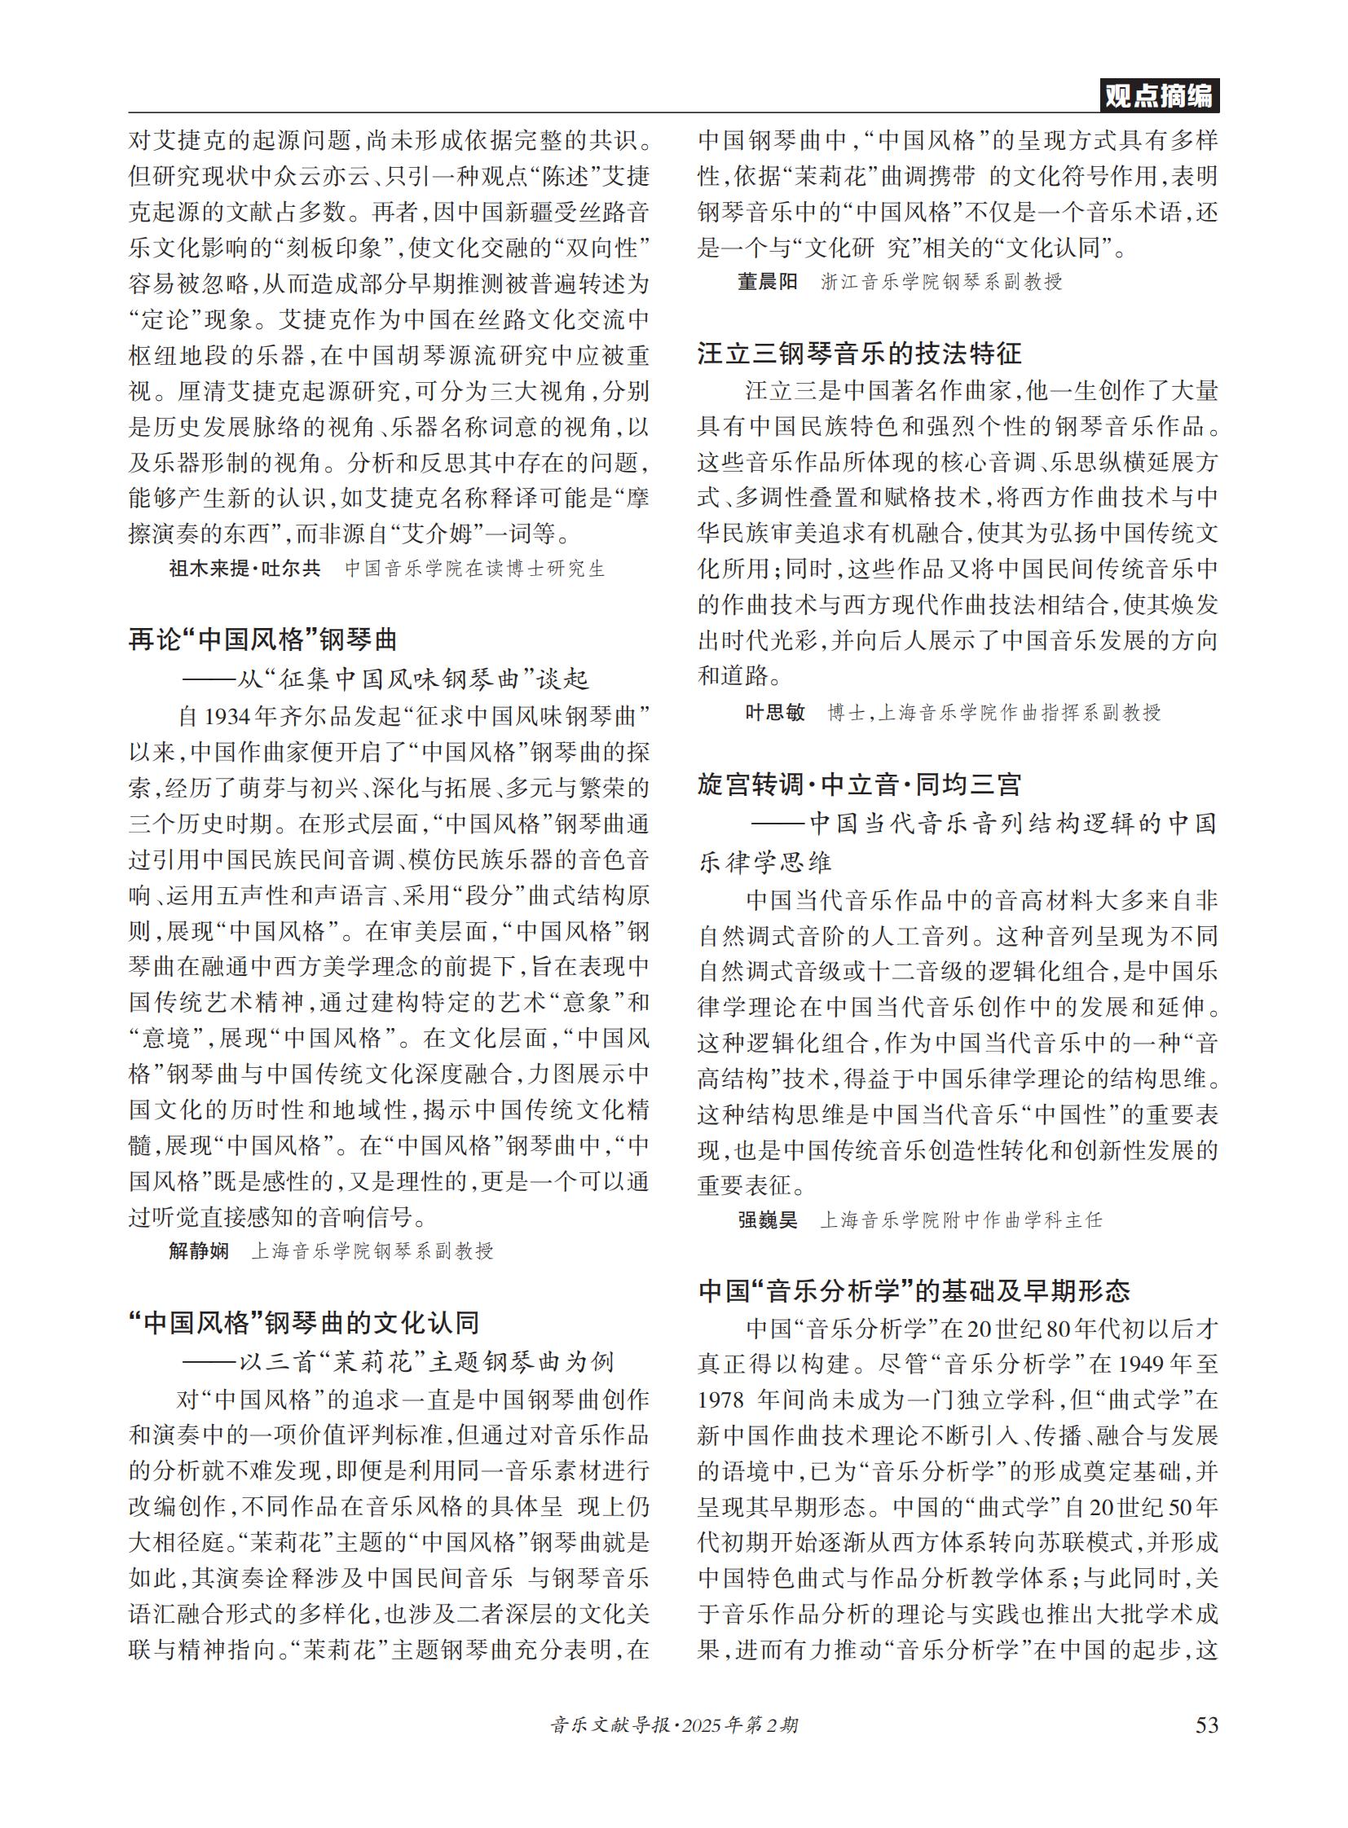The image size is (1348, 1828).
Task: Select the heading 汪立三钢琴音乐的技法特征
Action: click(x=859, y=354)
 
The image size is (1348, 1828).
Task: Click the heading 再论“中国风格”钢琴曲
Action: click(x=262, y=639)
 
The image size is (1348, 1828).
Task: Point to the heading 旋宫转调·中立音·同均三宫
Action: click(x=859, y=784)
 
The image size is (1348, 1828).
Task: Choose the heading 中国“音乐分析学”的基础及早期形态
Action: click(x=914, y=1290)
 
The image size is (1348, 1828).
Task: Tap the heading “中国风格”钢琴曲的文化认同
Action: click(x=303, y=1322)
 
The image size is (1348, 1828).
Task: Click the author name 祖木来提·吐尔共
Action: click(x=244, y=569)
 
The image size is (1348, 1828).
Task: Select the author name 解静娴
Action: click(x=199, y=1250)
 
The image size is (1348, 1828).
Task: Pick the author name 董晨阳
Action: click(x=767, y=282)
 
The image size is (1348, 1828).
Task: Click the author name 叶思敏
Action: click(x=775, y=713)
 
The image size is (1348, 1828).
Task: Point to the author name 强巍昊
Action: click(x=767, y=1219)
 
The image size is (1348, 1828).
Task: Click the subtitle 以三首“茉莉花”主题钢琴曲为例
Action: click(x=398, y=1361)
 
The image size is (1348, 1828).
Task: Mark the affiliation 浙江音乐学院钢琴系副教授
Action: click(x=941, y=282)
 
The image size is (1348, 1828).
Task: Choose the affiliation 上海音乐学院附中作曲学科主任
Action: click(x=960, y=1219)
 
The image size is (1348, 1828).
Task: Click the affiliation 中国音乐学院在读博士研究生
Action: click(x=475, y=569)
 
